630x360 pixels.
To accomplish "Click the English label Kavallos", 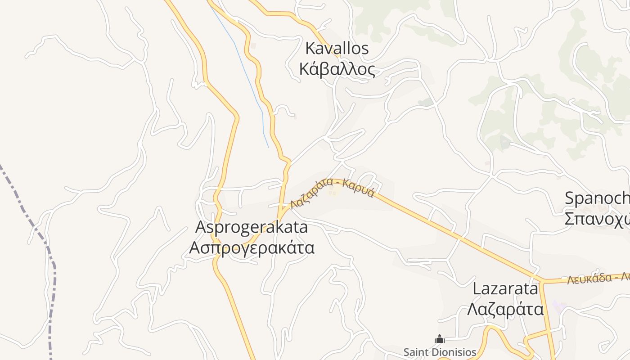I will (337, 48).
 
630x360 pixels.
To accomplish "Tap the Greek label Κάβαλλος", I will (337, 70).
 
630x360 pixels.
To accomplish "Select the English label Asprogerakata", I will (252, 227).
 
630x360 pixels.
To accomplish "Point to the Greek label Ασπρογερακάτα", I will (252, 247).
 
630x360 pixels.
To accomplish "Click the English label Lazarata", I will (505, 288).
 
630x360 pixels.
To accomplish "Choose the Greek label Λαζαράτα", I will (505, 310).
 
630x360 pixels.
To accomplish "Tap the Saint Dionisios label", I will (439, 352).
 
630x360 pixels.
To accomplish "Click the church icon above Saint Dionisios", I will (440, 339).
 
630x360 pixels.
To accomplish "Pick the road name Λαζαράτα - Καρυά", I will (332, 193).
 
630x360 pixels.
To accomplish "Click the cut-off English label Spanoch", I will (597, 198).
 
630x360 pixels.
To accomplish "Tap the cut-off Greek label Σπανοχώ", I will (597, 219).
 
